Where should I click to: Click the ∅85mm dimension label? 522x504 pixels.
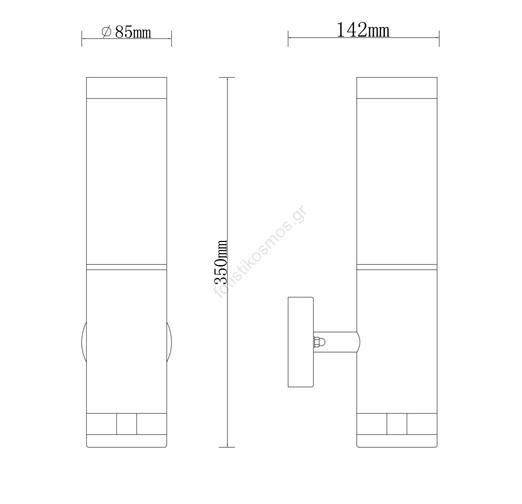click(x=126, y=32)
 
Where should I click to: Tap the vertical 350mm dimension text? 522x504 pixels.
click(x=221, y=262)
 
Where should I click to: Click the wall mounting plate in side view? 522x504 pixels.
click(x=300, y=342)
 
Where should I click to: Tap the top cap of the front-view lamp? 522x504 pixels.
click(x=127, y=87)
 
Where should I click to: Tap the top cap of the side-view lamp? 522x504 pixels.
click(x=397, y=87)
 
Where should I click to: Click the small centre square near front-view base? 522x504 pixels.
click(x=127, y=424)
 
